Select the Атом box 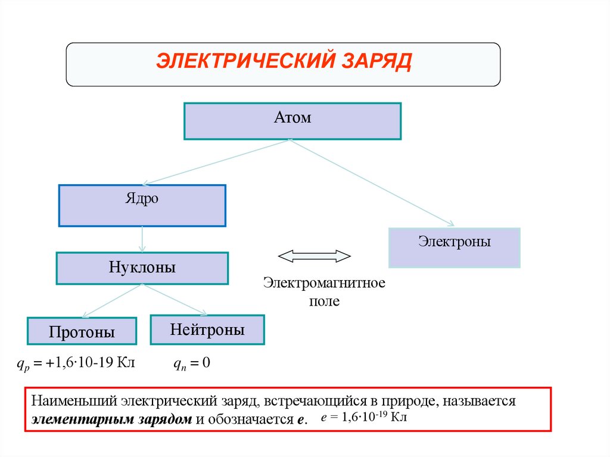pos(292,121)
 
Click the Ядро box pos(142,206)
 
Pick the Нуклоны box pos(142,268)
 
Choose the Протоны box pos(82,331)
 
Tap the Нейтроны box pos(207,329)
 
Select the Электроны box pos(454,247)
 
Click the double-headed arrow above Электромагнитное pos(315,256)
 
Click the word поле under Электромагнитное pos(324,301)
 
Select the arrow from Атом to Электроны pos(372,183)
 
